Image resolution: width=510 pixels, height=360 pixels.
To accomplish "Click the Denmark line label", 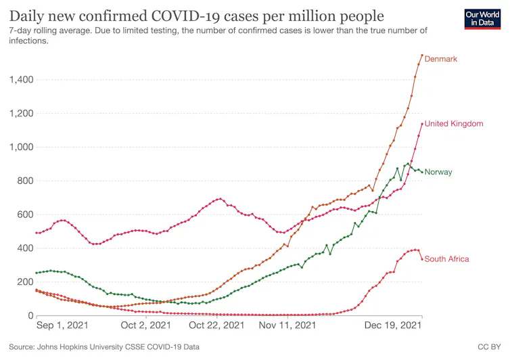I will (440, 59).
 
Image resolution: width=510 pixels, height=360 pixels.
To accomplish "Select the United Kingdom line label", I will (453, 124).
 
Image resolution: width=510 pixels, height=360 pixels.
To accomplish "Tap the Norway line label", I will (438, 172).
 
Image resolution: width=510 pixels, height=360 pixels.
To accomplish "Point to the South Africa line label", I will (446, 259).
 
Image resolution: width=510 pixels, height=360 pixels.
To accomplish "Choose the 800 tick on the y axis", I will (24, 181).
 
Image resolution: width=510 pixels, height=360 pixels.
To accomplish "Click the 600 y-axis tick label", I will (24, 215).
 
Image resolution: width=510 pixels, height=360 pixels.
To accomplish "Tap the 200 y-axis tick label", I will (24, 282).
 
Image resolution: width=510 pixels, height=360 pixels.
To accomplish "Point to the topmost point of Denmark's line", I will (422, 55).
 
